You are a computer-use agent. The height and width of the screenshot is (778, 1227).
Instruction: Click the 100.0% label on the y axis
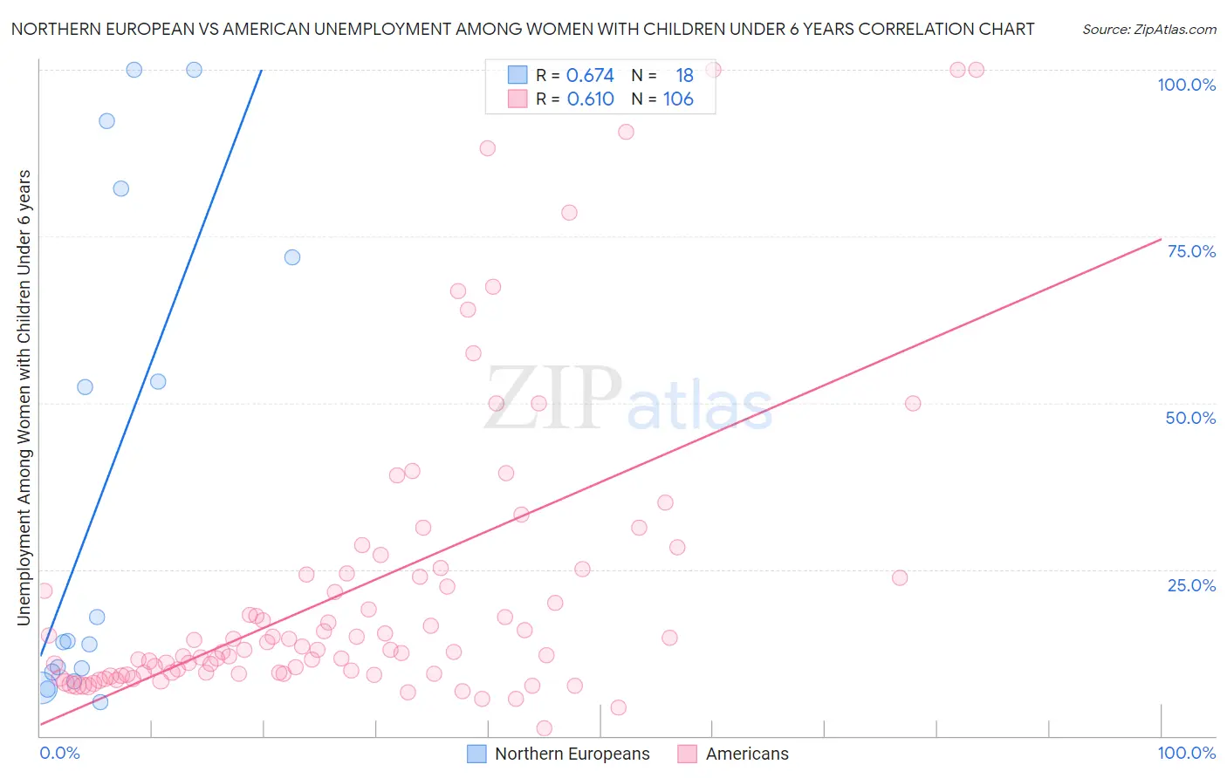(1186, 85)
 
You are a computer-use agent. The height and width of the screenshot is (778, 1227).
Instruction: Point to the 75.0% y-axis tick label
(1191, 251)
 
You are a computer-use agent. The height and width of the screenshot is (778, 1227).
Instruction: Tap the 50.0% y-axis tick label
(1190, 418)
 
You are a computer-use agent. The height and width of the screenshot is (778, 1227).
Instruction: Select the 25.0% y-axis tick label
(1191, 585)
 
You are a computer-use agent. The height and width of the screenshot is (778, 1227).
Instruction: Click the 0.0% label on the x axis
(59, 753)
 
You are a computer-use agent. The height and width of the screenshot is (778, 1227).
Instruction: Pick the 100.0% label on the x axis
(1186, 753)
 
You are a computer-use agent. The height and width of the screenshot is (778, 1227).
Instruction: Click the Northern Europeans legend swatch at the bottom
(476, 754)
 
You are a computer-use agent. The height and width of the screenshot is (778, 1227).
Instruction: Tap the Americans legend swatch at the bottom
(688, 754)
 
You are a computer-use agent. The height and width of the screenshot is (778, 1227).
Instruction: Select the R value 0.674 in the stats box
(590, 76)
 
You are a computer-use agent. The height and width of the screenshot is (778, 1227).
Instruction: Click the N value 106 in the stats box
(678, 99)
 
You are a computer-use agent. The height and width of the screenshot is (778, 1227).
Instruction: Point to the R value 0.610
(590, 99)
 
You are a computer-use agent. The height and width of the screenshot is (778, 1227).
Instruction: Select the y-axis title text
(24, 398)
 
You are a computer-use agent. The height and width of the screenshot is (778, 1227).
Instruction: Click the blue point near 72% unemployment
(292, 257)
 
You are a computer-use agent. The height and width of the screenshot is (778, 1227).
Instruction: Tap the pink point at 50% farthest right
(913, 403)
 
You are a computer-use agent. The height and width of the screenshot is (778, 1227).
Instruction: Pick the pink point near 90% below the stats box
(626, 132)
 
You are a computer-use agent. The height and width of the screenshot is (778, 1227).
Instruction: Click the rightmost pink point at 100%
(977, 70)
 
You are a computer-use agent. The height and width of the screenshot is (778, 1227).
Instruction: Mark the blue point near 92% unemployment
(106, 121)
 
